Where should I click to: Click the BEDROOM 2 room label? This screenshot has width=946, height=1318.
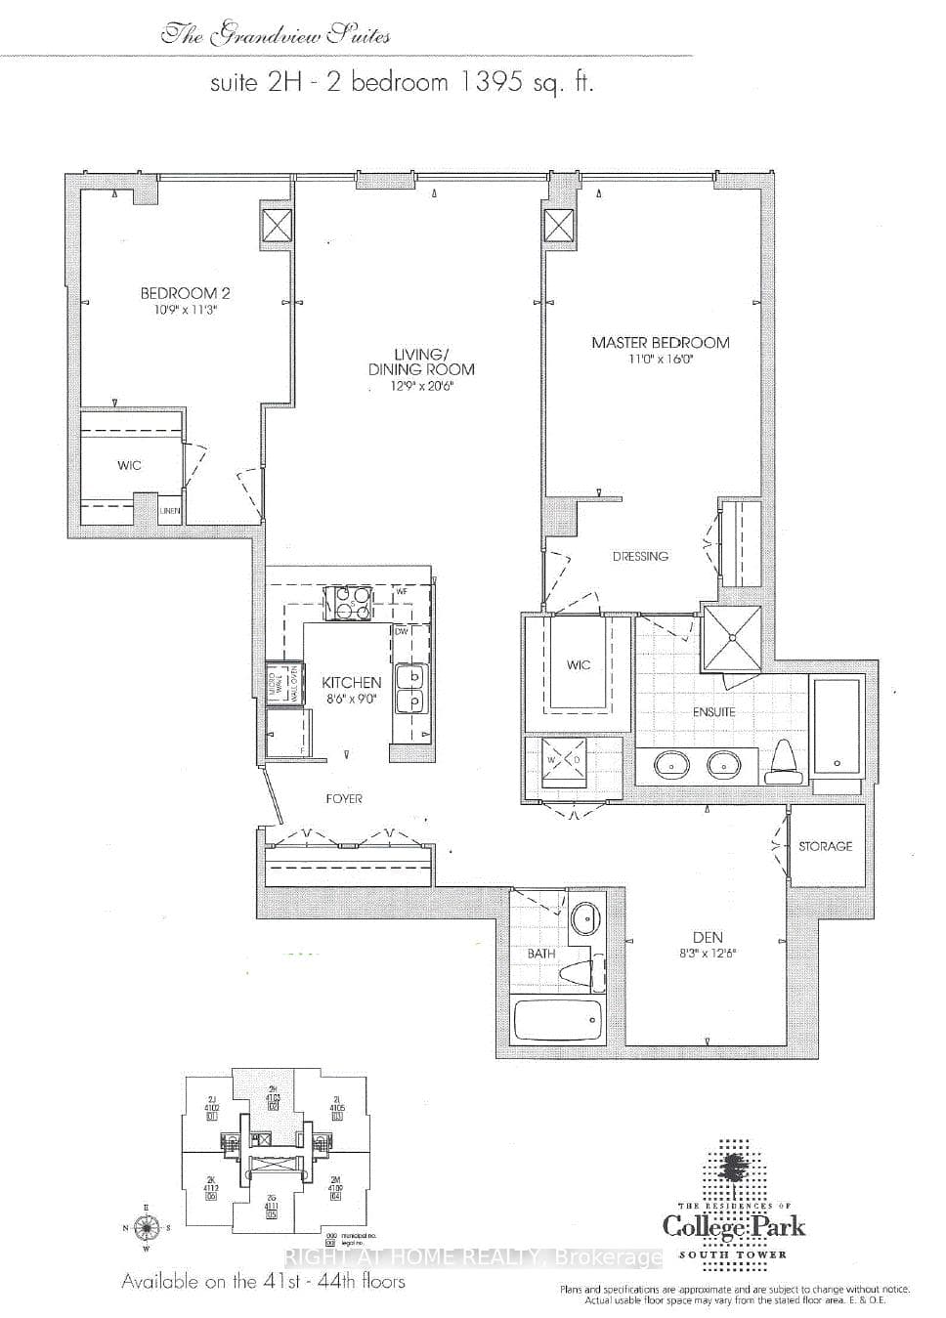coord(185,293)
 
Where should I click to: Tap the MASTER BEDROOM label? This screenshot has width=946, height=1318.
coord(660,343)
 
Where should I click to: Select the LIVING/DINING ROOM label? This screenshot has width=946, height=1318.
coord(421,361)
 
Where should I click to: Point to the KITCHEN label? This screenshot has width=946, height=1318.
coord(351,683)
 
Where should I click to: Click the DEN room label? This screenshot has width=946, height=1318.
coord(707,938)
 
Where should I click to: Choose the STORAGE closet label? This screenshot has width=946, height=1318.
coord(825,846)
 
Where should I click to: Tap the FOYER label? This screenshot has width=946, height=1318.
coord(344,799)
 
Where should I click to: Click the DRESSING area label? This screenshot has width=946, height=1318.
coord(640,557)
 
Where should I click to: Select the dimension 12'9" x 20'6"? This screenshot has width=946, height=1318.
coord(421,387)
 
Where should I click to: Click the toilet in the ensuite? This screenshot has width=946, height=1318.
coord(784,761)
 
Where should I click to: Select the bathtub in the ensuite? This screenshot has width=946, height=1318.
coord(836,724)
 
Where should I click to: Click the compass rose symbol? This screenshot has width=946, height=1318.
coord(146,1227)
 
